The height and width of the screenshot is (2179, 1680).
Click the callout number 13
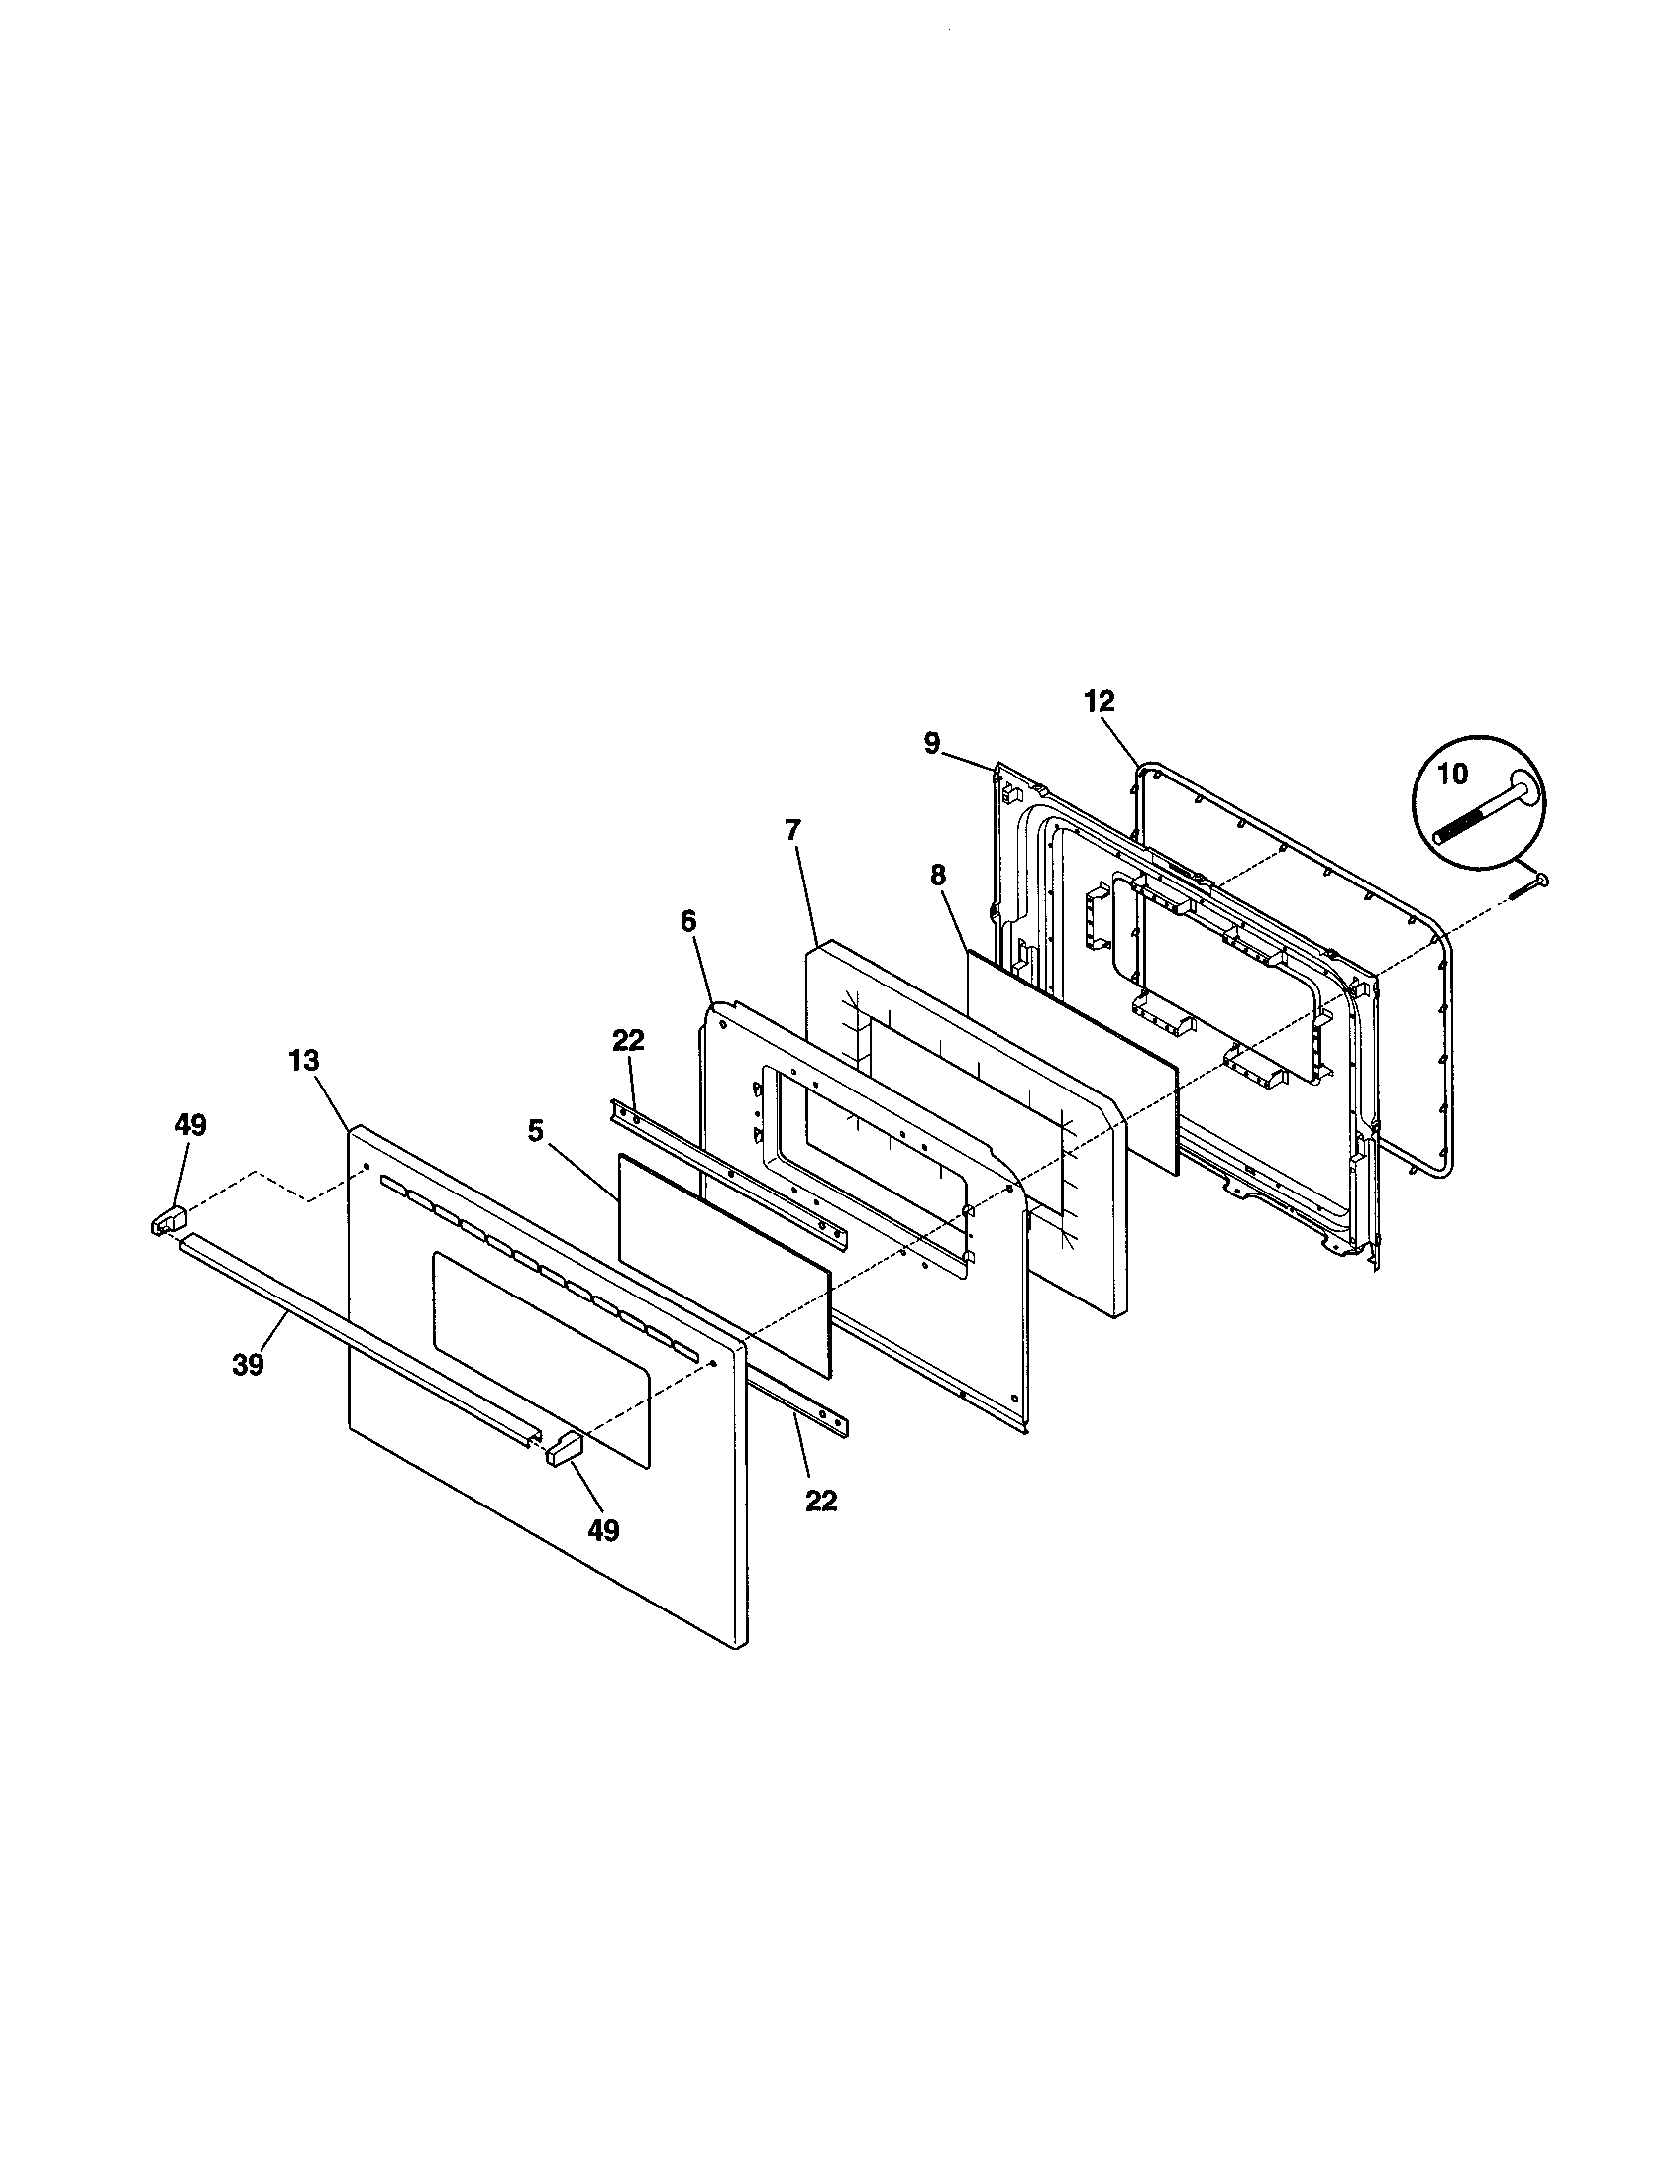(x=304, y=1061)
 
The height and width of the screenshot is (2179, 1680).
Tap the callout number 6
(x=688, y=921)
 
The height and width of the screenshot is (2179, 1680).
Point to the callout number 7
(x=792, y=830)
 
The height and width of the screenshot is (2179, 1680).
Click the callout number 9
(x=931, y=744)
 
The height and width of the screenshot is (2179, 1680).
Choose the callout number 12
(x=1099, y=701)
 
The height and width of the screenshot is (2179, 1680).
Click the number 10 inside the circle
(x=1453, y=774)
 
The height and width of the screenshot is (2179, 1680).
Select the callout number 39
(x=248, y=1365)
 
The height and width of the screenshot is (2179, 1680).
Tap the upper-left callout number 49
(x=190, y=1125)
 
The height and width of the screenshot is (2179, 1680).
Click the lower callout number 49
(x=603, y=1529)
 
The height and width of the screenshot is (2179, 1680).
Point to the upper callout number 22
(x=628, y=1041)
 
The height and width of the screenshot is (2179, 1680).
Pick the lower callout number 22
(x=821, y=1500)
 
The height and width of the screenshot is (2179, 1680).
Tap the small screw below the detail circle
(x=1528, y=886)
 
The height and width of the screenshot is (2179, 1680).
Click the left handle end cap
(x=169, y=1219)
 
